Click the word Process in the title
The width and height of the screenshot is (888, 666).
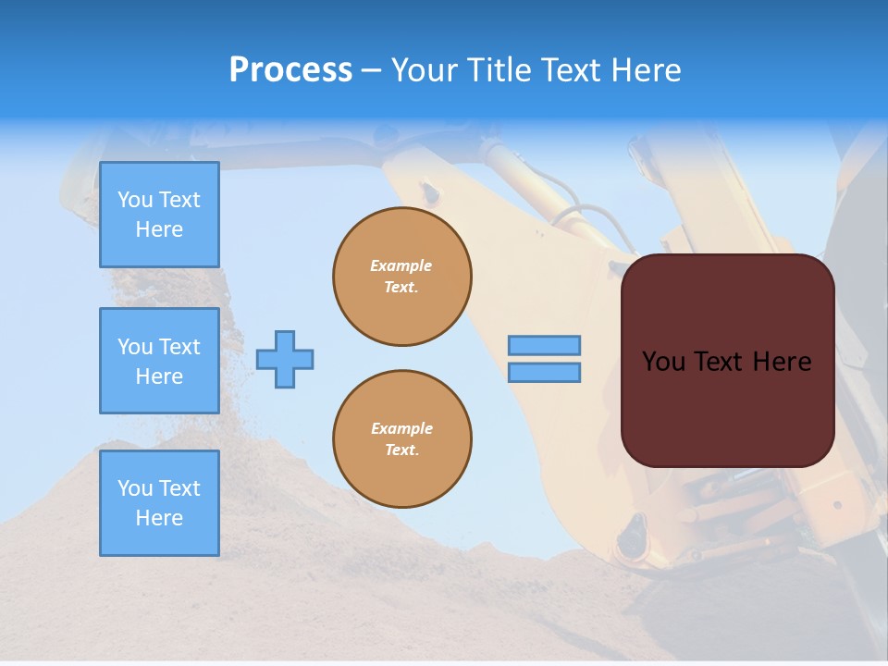coord(290,70)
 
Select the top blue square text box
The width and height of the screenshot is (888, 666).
coord(159,215)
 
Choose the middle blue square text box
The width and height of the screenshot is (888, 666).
coord(159,361)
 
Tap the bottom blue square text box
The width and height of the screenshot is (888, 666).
coord(159,503)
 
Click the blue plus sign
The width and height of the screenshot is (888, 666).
coord(285,359)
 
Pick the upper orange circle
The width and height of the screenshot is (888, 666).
coord(401,277)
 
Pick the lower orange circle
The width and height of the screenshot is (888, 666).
coord(401,439)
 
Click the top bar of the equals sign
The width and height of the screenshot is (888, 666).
coord(544,346)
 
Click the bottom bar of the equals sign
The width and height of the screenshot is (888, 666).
coord(544,373)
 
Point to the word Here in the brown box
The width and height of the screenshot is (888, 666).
coord(782,362)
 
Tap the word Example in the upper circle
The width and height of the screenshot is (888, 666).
coord(401,265)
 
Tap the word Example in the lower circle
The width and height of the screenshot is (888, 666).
coord(401,428)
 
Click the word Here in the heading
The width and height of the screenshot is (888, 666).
coord(645,70)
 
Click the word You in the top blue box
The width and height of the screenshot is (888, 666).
coord(135,200)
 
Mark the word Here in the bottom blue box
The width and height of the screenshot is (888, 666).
coord(159,518)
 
